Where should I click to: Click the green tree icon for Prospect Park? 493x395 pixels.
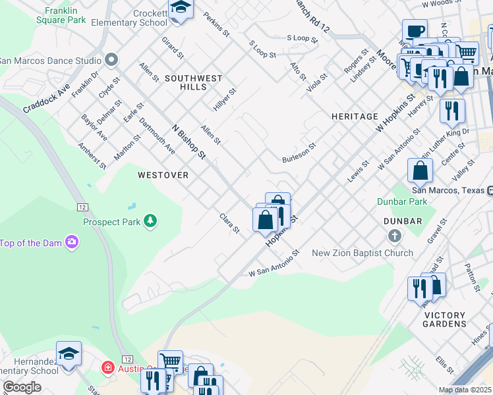pyautogui.click(x=151, y=221)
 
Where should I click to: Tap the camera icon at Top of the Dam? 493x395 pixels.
pyautogui.click(x=71, y=243)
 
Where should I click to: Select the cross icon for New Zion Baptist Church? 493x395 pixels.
pyautogui.click(x=394, y=236)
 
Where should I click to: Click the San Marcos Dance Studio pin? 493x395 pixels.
pyautogui.click(x=111, y=61)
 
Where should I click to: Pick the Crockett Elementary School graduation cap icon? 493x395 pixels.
pyautogui.click(x=179, y=9)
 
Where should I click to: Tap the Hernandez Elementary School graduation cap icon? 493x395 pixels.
pyautogui.click(x=69, y=354)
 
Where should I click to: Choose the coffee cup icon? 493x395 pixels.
pyautogui.click(x=415, y=30)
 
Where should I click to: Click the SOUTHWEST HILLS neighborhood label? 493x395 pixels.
pyautogui.click(x=194, y=82)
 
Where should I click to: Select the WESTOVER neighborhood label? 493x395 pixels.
pyautogui.click(x=163, y=175)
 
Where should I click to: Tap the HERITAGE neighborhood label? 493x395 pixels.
pyautogui.click(x=355, y=117)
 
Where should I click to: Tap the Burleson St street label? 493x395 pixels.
pyautogui.click(x=299, y=154)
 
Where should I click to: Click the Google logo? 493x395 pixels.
pyautogui.click(x=22, y=387)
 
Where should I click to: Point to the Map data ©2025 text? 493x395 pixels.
pyautogui.click(x=465, y=390)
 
